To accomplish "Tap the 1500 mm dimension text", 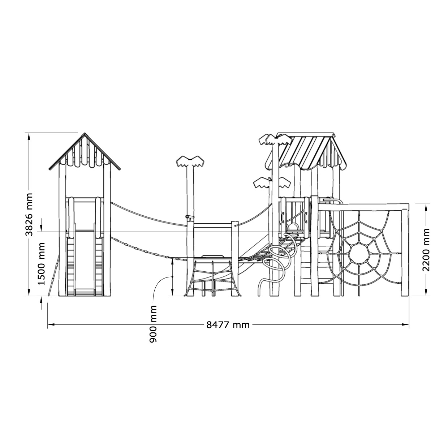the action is click(x=42, y=264).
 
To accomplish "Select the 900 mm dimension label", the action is click(x=153, y=324).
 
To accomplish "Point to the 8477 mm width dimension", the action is click(x=228, y=325).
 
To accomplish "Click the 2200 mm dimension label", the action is click(x=426, y=250).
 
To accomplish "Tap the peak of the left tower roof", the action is click(x=85, y=133).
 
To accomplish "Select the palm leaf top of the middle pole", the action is click(x=190, y=161).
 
